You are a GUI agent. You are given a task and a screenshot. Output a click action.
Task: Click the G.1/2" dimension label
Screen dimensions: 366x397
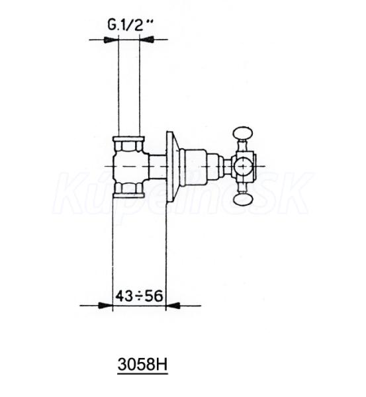coord(130,25)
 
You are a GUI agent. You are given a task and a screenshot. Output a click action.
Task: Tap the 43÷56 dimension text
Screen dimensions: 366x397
coord(139,296)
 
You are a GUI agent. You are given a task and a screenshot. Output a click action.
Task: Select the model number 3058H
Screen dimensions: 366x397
coord(142,365)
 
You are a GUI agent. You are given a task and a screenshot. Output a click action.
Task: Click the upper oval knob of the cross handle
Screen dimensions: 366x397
coord(243,134)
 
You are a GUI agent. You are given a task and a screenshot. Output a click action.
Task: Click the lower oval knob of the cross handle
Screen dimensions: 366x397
coord(243,199)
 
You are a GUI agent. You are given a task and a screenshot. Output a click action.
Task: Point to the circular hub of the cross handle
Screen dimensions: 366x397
coord(243,166)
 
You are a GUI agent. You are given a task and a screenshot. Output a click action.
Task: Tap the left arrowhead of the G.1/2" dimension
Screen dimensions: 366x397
coord(111,40)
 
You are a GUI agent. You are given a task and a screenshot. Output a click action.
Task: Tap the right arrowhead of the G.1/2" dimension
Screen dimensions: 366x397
coord(147,40)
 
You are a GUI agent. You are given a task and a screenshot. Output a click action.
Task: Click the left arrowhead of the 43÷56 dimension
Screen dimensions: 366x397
coord(105,305)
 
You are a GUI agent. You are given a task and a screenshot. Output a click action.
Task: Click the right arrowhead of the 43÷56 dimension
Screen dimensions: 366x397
coord(173,305)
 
